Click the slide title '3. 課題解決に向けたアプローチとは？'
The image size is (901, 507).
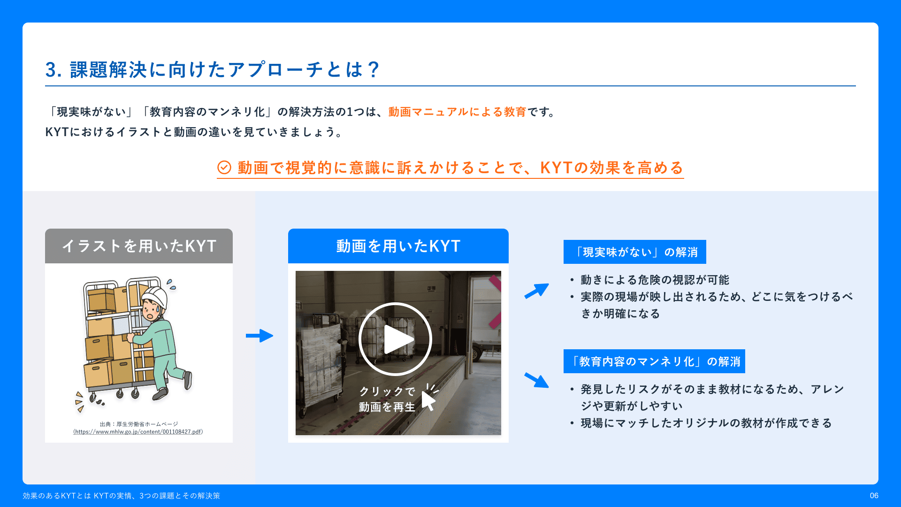pos(212,69)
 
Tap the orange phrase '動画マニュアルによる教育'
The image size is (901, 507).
pos(457,112)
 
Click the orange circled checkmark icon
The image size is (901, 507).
pos(224,167)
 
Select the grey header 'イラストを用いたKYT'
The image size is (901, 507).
pos(139,246)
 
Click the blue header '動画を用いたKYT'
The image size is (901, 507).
pos(398,246)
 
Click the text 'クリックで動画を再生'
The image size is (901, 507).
pos(387,399)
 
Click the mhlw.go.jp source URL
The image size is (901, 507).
pos(138,431)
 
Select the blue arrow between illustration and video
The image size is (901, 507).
pos(260,336)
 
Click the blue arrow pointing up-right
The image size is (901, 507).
pos(537,291)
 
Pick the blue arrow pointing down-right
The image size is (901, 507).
pos(537,380)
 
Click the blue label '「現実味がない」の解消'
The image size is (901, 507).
pos(635,252)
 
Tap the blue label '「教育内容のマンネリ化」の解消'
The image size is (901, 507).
pos(654,361)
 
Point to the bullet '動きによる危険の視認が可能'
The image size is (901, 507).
pos(655,280)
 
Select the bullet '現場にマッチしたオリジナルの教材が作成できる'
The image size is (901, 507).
pos(706,423)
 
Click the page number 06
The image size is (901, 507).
pos(874,495)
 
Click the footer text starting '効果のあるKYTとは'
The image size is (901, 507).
pos(121,496)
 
